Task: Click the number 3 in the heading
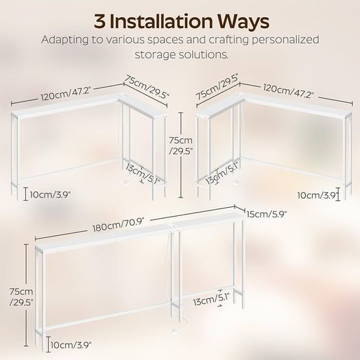point(99,21)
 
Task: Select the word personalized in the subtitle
point(285,40)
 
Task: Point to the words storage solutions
point(182,55)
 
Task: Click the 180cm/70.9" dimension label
point(118,225)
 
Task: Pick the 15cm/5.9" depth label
point(267,215)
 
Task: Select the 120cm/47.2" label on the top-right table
point(289,91)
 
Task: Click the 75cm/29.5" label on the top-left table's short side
point(147,87)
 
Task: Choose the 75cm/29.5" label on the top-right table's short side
point(217,88)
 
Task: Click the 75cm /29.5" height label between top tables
point(181,145)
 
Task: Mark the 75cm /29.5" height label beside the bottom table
point(21,297)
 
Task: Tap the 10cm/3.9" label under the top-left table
point(50,195)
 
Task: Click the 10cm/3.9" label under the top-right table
point(318,195)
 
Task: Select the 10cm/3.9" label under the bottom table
point(71,345)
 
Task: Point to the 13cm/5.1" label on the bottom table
point(212,299)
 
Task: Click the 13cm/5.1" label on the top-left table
point(143,173)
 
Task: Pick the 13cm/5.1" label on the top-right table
point(222,173)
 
